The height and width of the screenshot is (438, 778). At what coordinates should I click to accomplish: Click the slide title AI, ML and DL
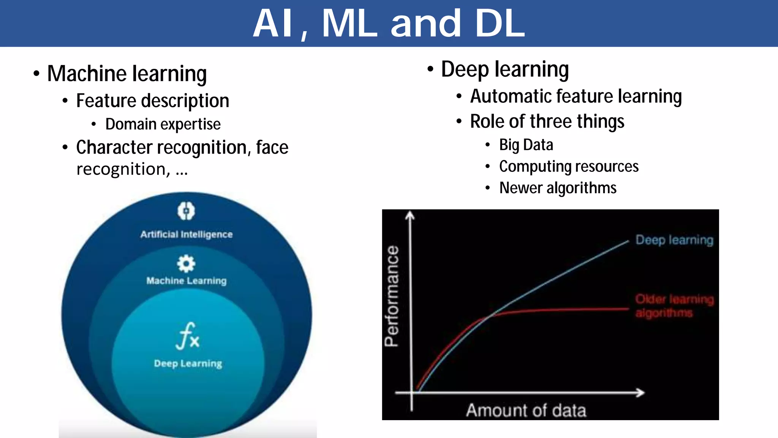pyautogui.click(x=389, y=24)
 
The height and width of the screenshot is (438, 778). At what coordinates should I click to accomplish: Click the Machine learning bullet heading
pyautogui.click(x=127, y=73)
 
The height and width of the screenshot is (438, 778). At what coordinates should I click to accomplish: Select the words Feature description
pyautogui.click(x=152, y=101)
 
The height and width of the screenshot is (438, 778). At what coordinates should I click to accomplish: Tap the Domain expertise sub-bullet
pyautogui.click(x=163, y=124)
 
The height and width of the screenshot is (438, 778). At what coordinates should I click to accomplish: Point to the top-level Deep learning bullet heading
pyautogui.click(x=504, y=70)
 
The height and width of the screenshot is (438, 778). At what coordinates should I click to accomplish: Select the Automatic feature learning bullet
pyautogui.click(x=576, y=96)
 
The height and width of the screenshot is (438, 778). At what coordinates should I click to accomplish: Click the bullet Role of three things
pyautogui.click(x=547, y=122)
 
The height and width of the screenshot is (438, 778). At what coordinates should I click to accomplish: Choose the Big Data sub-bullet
pyautogui.click(x=526, y=145)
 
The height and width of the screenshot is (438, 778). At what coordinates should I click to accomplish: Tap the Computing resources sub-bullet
pyautogui.click(x=568, y=167)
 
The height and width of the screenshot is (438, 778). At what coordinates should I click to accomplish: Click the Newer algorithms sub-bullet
pyautogui.click(x=557, y=188)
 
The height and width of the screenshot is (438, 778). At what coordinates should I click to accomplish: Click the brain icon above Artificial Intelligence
pyautogui.click(x=186, y=211)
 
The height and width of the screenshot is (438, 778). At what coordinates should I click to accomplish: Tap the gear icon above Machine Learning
pyautogui.click(x=186, y=263)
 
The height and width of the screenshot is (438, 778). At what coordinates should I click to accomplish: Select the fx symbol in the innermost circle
pyautogui.click(x=187, y=336)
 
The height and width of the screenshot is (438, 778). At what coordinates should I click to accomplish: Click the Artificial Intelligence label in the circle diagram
pyautogui.click(x=186, y=234)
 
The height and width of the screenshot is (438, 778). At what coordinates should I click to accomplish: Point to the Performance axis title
pyautogui.click(x=392, y=296)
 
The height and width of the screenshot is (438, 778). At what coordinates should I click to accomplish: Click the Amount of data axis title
pyautogui.click(x=526, y=411)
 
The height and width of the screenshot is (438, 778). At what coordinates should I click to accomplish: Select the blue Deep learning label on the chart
pyautogui.click(x=674, y=240)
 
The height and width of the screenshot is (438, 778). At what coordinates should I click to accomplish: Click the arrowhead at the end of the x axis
pyautogui.click(x=641, y=392)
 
